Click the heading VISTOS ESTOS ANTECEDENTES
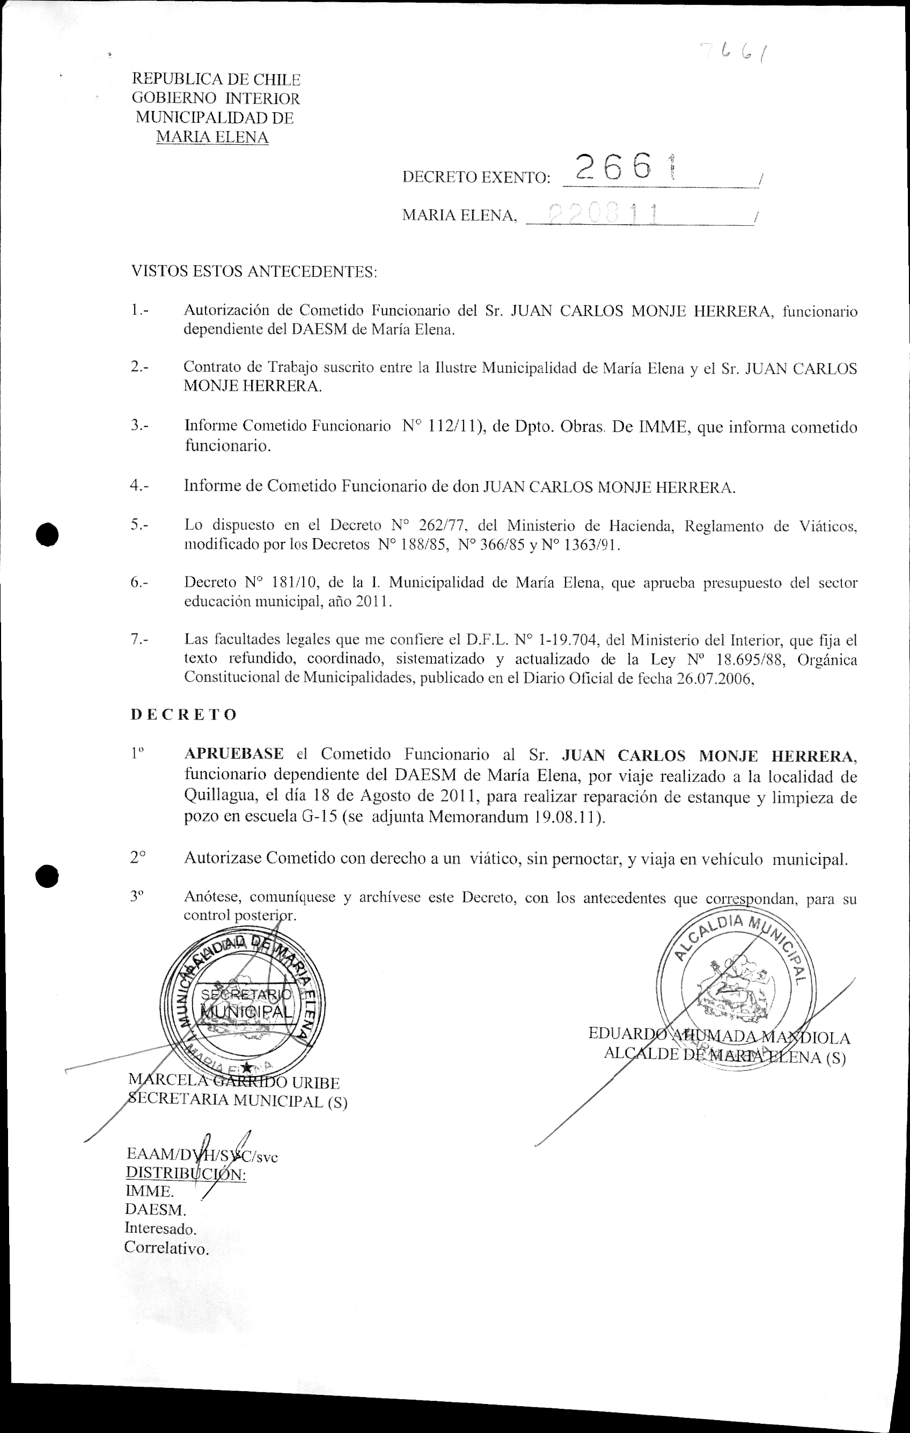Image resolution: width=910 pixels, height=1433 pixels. [x=254, y=272]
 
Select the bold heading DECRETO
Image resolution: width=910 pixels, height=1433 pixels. [x=184, y=715]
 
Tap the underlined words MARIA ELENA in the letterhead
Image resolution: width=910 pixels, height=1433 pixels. [x=212, y=137]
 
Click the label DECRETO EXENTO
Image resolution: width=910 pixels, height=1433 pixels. [x=476, y=178]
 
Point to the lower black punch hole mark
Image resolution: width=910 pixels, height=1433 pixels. [x=47, y=876]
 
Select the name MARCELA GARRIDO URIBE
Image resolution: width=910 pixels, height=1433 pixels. [x=234, y=1083]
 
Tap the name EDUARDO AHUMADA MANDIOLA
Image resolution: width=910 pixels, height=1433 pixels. [x=719, y=1037]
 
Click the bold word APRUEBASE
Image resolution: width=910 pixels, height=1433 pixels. [x=234, y=754]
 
